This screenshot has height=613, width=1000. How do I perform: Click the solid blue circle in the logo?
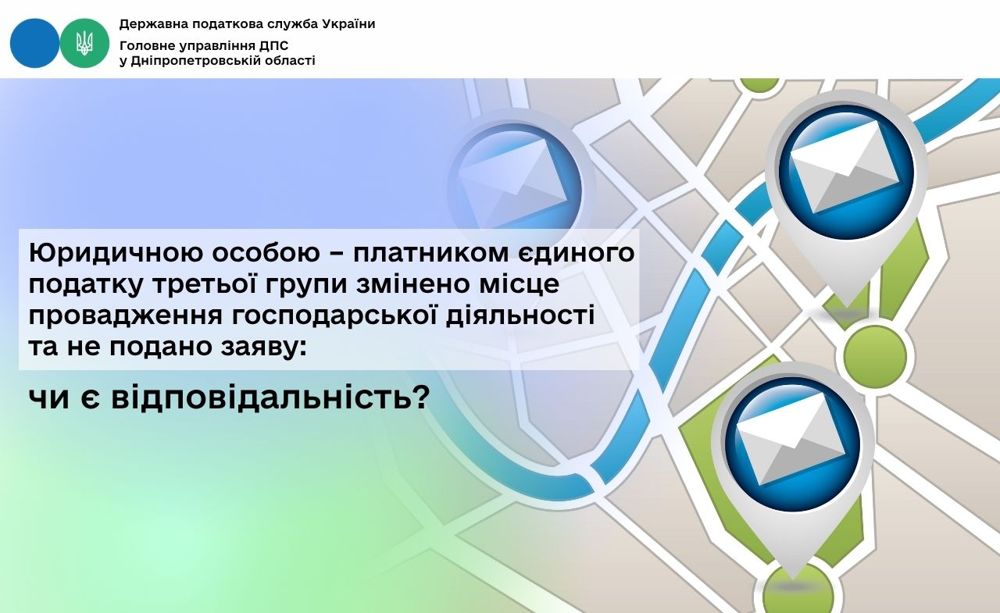pyautogui.click(x=35, y=43)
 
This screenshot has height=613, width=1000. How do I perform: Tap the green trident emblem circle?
pyautogui.click(x=84, y=43)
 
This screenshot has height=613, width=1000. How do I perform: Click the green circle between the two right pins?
pyautogui.click(x=875, y=355)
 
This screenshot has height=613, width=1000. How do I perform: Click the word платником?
pyautogui.click(x=431, y=252)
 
